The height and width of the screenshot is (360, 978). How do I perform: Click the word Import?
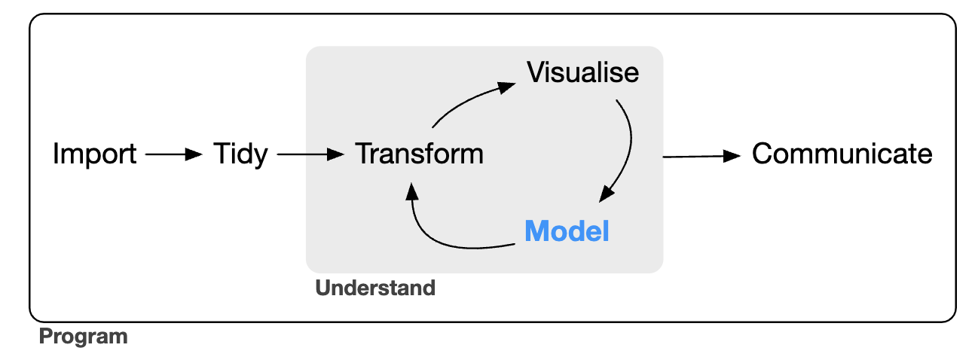tap(94, 155)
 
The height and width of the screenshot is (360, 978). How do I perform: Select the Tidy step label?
tap(240, 155)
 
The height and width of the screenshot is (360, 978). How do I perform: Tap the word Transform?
tap(419, 154)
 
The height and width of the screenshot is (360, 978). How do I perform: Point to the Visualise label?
tap(582, 73)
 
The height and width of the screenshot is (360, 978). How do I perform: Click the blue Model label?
tap(567, 231)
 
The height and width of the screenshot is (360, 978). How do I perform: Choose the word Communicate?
tap(842, 154)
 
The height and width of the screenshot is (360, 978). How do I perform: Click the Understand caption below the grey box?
tap(375, 288)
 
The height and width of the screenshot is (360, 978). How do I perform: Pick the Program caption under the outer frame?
tap(83, 336)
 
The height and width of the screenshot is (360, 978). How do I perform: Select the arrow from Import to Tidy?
tap(173, 155)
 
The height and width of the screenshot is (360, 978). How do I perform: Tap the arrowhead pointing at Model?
tap(607, 196)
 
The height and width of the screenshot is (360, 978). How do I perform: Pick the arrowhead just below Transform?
tap(411, 191)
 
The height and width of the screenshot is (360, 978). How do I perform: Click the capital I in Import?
tap(57, 155)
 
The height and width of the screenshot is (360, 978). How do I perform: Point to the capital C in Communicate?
tap(763, 154)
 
